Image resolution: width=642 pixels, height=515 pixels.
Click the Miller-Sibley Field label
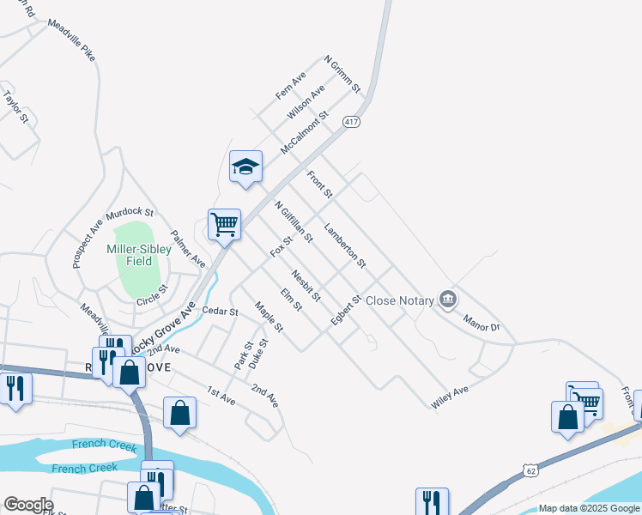coord(130,255)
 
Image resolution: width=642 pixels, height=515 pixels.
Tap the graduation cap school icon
coord(245,167)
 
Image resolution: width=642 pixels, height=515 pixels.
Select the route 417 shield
coord(351,123)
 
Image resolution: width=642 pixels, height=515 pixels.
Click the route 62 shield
coord(530,470)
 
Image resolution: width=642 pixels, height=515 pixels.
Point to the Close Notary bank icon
coord(447,300)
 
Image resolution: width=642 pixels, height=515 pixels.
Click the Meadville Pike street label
coord(71,39)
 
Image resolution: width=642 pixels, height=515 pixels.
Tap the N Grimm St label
coord(342,76)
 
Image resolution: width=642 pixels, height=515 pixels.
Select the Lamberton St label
coord(345,245)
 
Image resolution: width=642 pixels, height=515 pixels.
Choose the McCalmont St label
coord(305,133)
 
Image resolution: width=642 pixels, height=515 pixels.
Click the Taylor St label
coord(16,108)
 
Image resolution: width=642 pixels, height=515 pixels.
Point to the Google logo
coord(27,505)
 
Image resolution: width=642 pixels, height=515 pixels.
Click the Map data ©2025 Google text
coord(588,508)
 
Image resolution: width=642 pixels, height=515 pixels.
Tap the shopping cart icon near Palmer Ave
coord(224,226)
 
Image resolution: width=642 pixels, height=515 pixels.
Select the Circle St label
coord(153,300)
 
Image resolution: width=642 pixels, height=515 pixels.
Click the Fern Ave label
coord(291,85)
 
